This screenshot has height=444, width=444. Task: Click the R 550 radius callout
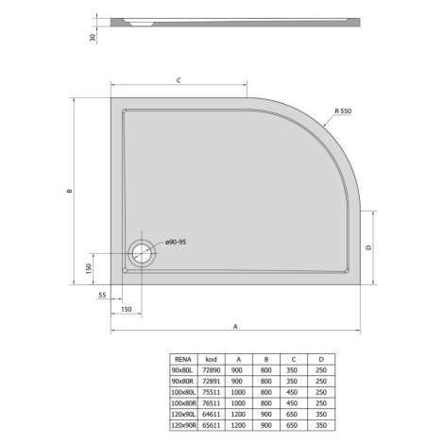click(343, 111)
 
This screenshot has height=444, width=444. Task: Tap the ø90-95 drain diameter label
click(176, 242)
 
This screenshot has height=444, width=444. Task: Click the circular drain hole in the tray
click(142, 253)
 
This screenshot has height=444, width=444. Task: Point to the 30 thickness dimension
click(93, 38)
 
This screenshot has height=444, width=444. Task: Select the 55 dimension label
click(102, 295)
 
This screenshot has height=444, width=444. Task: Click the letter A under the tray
click(235, 327)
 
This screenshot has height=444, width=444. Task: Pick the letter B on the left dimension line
click(70, 191)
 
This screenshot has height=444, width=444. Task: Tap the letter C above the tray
click(179, 80)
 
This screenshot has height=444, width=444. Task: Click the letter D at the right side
click(368, 248)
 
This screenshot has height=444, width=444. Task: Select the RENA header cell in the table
click(183, 359)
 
